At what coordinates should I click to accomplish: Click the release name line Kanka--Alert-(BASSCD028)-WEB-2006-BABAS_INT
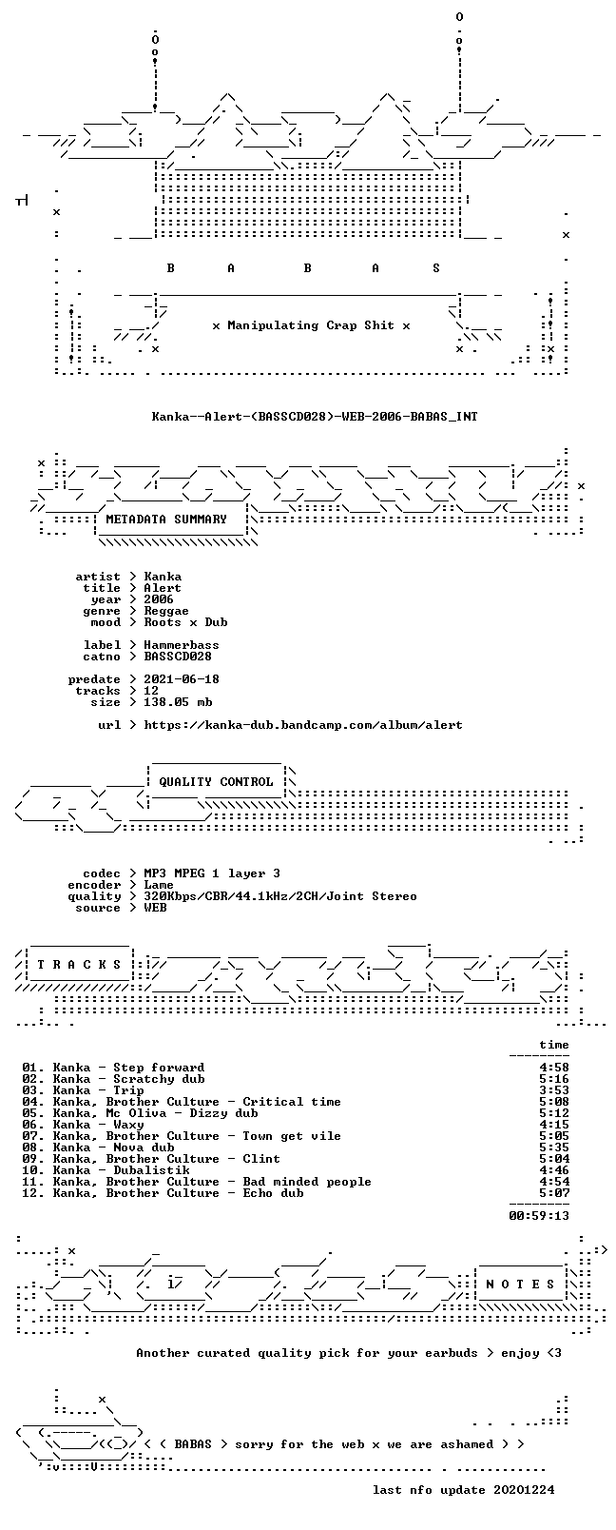315,416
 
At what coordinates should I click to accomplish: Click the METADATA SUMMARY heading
166,520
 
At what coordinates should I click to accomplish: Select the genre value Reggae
166,611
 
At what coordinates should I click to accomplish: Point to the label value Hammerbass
182,645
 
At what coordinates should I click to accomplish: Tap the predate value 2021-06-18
182,679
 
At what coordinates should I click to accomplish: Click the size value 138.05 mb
178,702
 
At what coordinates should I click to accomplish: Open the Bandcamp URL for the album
303,725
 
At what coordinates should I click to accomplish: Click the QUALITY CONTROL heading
216,782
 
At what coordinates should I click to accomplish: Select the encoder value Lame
159,885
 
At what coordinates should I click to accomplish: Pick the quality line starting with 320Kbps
280,896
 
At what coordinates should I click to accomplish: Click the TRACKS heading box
79,965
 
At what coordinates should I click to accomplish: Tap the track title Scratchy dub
159,1079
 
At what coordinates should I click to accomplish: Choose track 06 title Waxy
129,1125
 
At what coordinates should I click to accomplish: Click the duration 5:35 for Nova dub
554,1147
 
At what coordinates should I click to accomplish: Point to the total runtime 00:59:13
539,1216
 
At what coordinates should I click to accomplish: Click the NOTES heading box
521,1285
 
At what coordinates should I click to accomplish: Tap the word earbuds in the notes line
451,1353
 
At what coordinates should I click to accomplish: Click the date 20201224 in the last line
524,1490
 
